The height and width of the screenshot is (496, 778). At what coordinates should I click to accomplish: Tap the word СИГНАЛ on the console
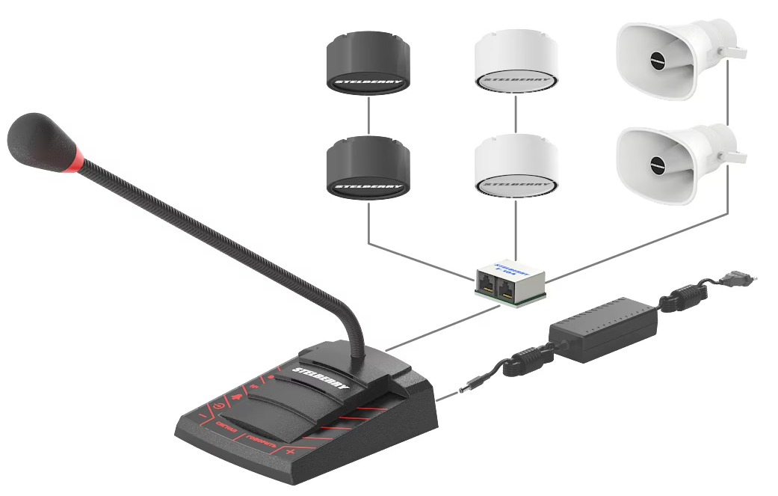225,429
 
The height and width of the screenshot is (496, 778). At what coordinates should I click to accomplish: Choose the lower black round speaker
368,168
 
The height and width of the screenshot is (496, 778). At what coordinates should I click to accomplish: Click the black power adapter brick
604,328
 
